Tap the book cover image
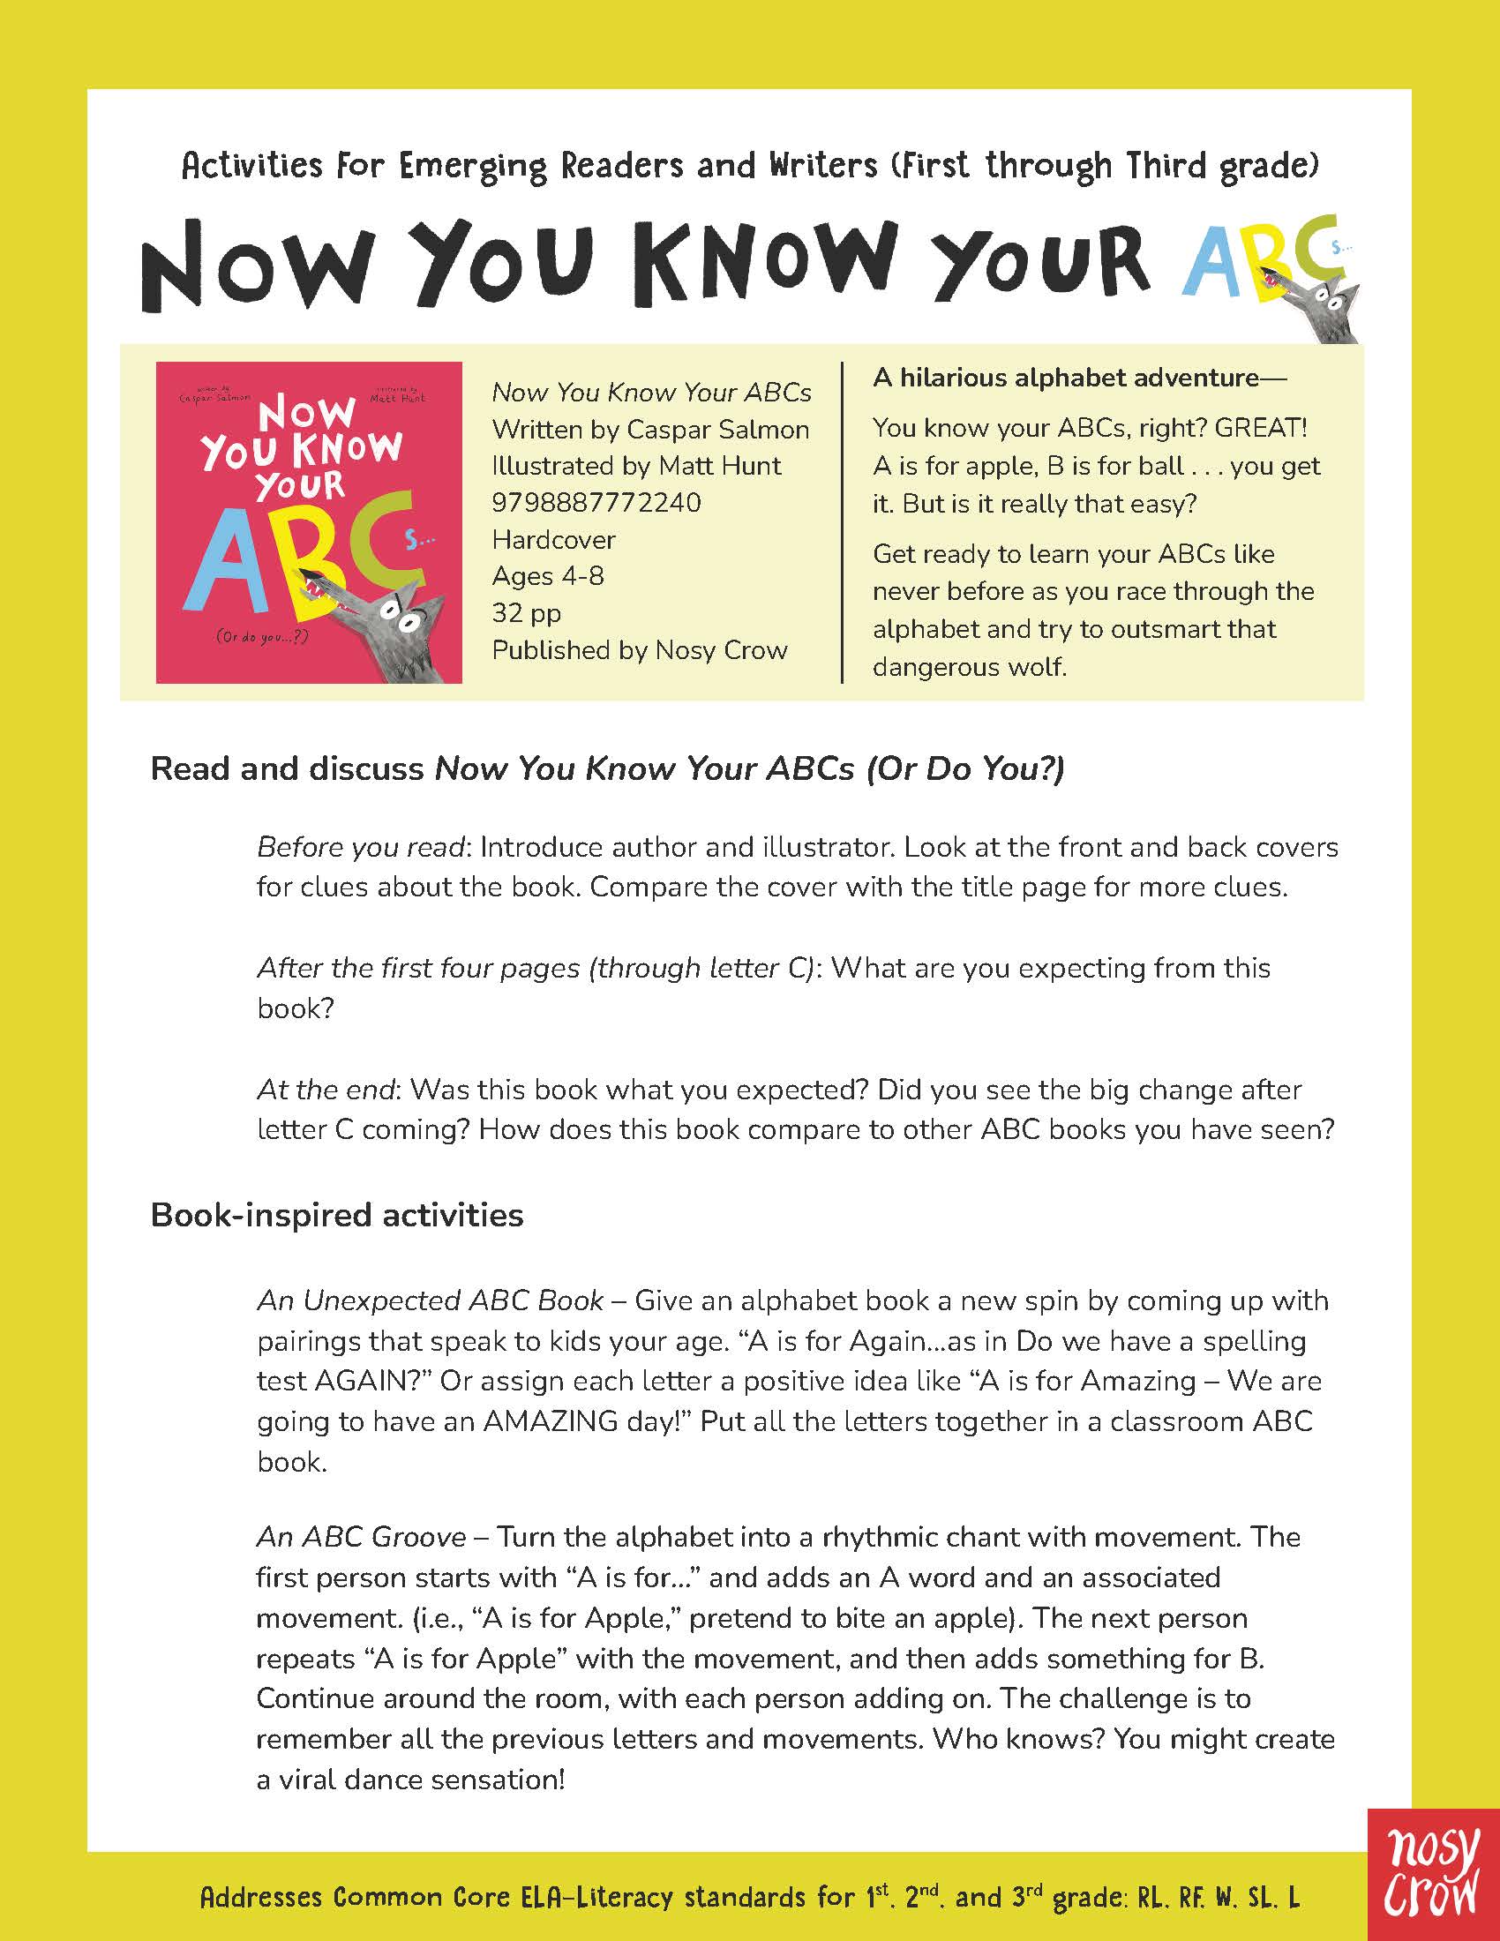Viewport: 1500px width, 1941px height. pos(308,522)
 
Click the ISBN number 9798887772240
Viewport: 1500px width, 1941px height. pos(596,503)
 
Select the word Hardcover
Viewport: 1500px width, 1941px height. pos(553,539)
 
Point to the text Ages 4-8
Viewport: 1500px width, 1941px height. pos(547,576)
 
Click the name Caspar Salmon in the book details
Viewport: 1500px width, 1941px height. pos(718,430)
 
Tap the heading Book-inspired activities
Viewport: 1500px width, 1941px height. pos(337,1214)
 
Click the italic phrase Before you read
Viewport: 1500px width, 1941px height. pos(361,847)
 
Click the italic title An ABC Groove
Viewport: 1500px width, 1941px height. pos(361,1537)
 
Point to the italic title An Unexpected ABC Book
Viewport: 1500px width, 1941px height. pos(430,1300)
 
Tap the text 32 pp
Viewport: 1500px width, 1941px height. pos(526,613)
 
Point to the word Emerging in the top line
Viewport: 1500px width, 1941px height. pos(473,166)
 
